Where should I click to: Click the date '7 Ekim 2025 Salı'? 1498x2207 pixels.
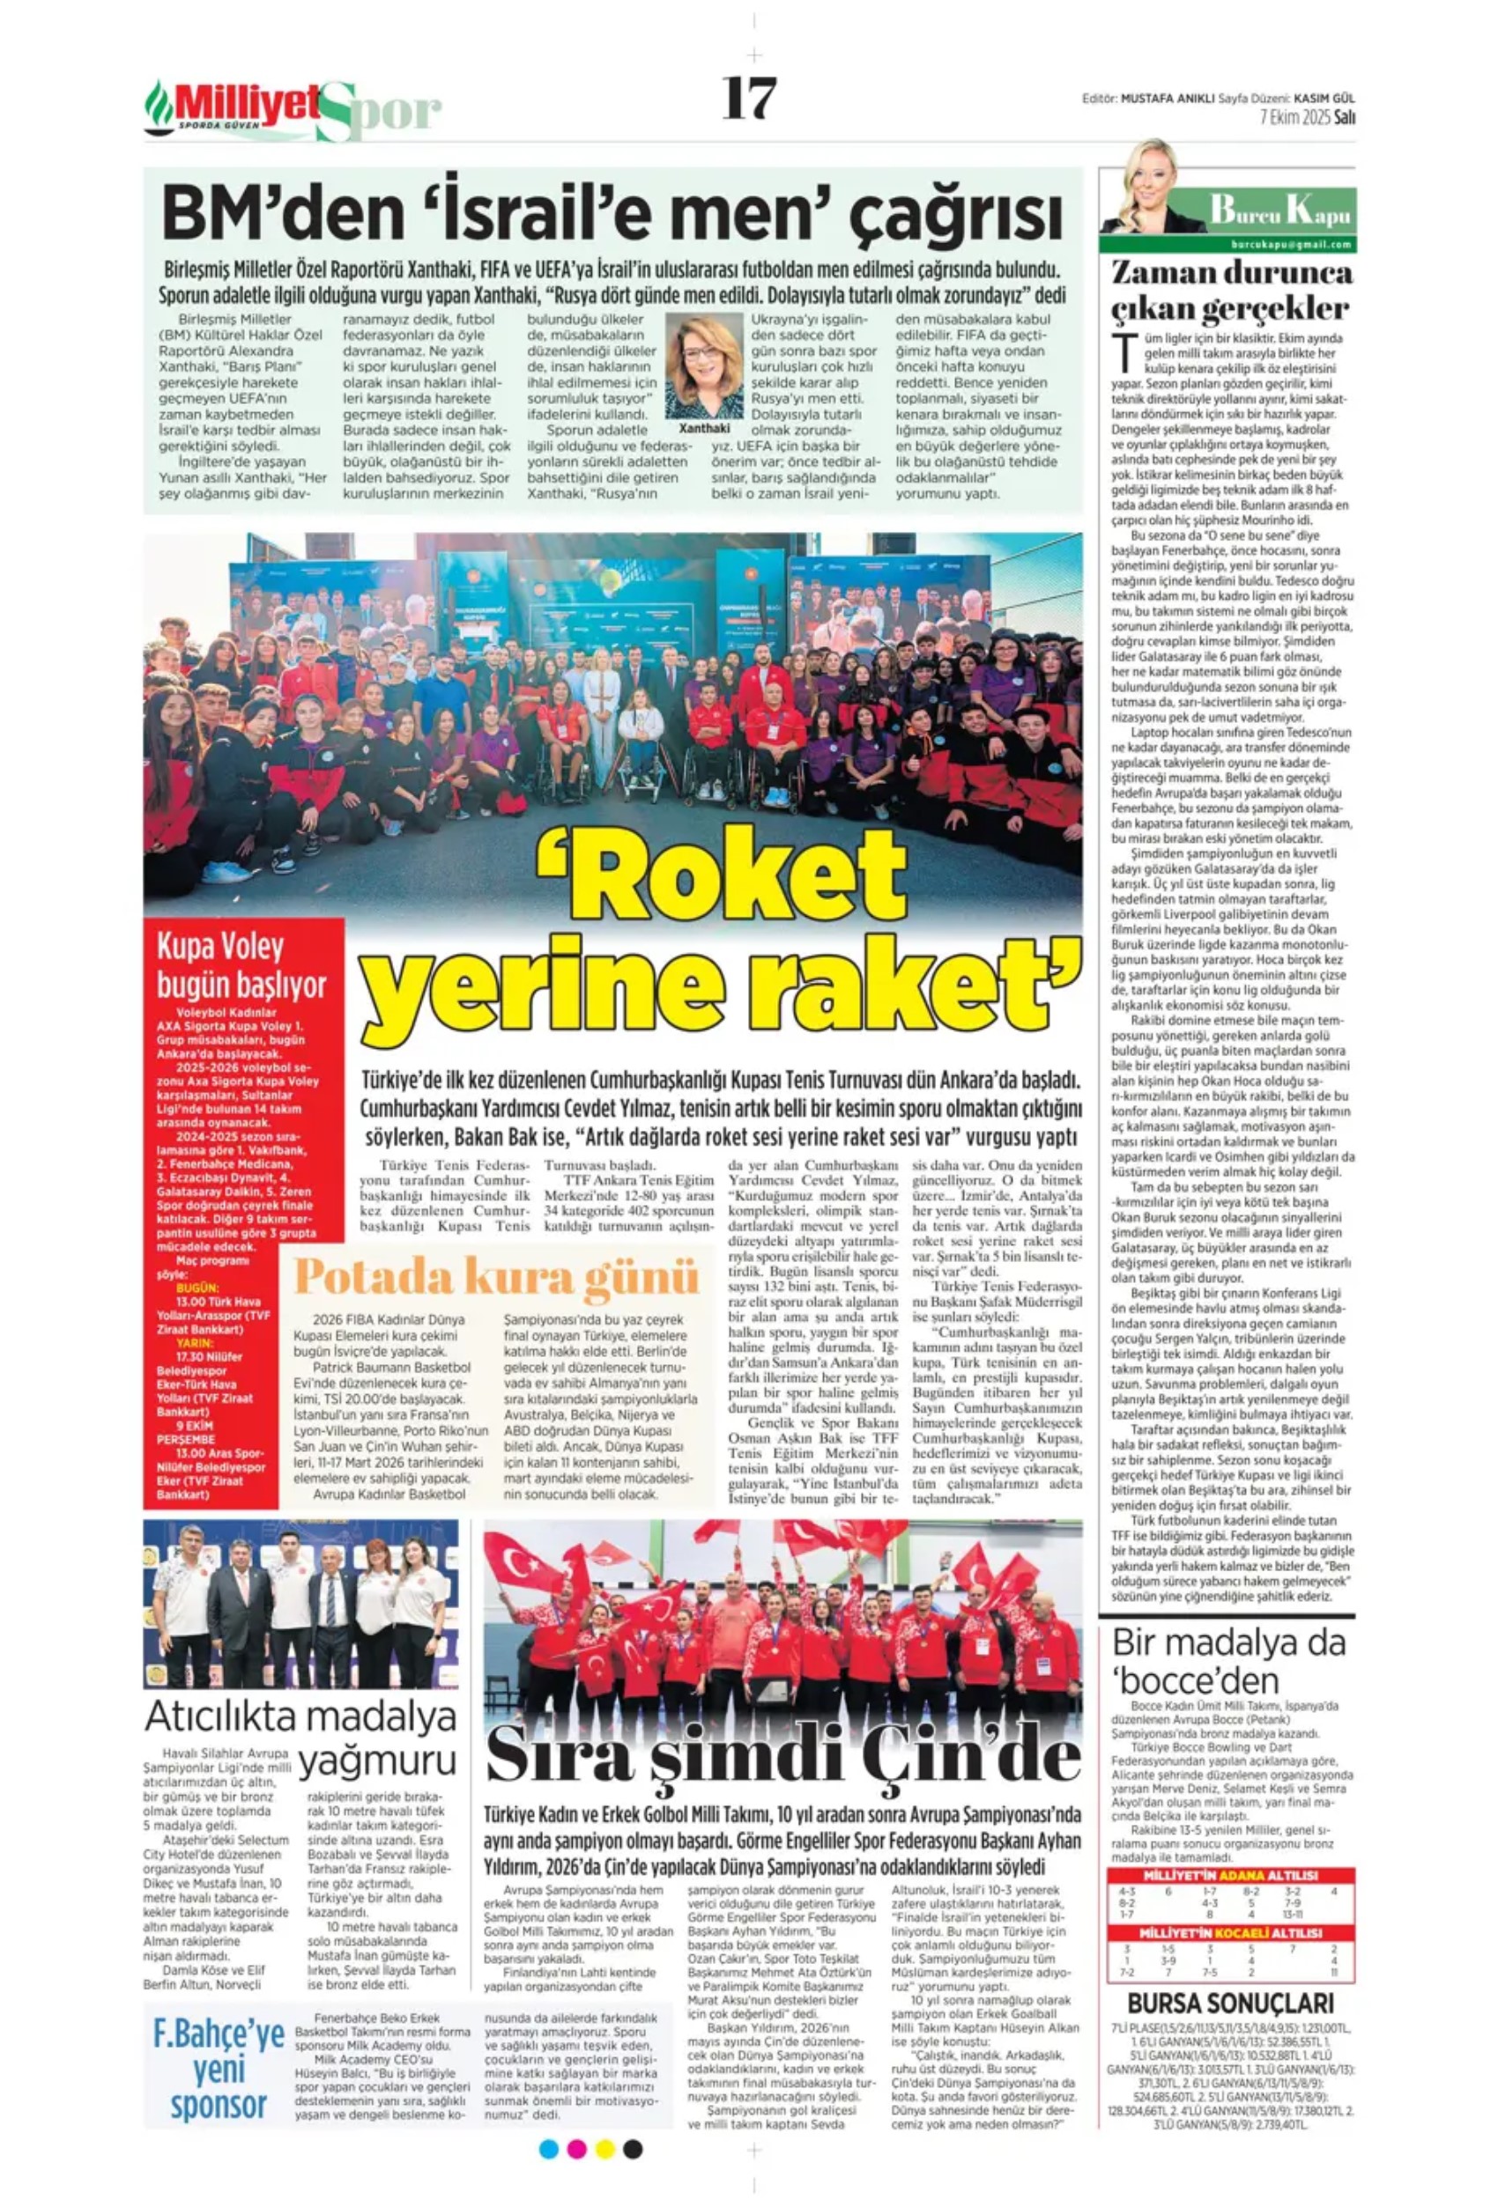pyautogui.click(x=1306, y=118)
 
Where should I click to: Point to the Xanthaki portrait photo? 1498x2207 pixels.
pyautogui.click(x=704, y=365)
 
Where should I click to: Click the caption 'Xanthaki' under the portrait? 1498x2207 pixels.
pyautogui.click(x=704, y=429)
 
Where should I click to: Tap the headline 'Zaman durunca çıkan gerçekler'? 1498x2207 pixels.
pyautogui.click(x=1230, y=291)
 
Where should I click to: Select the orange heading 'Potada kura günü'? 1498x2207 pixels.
pyautogui.click(x=496, y=1277)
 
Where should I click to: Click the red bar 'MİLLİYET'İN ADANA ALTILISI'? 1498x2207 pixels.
pyautogui.click(x=1230, y=1876)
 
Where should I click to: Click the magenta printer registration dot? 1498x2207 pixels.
pyautogui.click(x=575, y=2149)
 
